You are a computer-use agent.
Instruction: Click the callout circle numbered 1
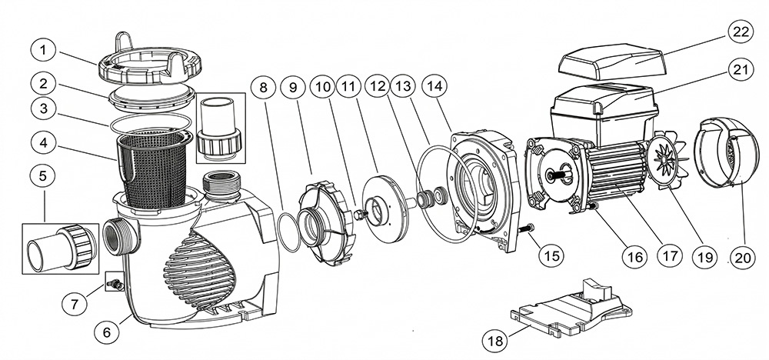pyautogui.click(x=44, y=50)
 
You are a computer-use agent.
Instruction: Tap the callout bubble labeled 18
pyautogui.click(x=496, y=340)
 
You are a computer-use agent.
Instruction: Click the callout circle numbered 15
pyautogui.click(x=551, y=255)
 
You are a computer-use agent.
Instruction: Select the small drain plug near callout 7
pyautogui.click(x=117, y=284)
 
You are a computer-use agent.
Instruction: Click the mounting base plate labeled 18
pyautogui.click(x=571, y=308)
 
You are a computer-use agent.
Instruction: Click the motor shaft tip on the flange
pyautogui.click(x=556, y=175)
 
